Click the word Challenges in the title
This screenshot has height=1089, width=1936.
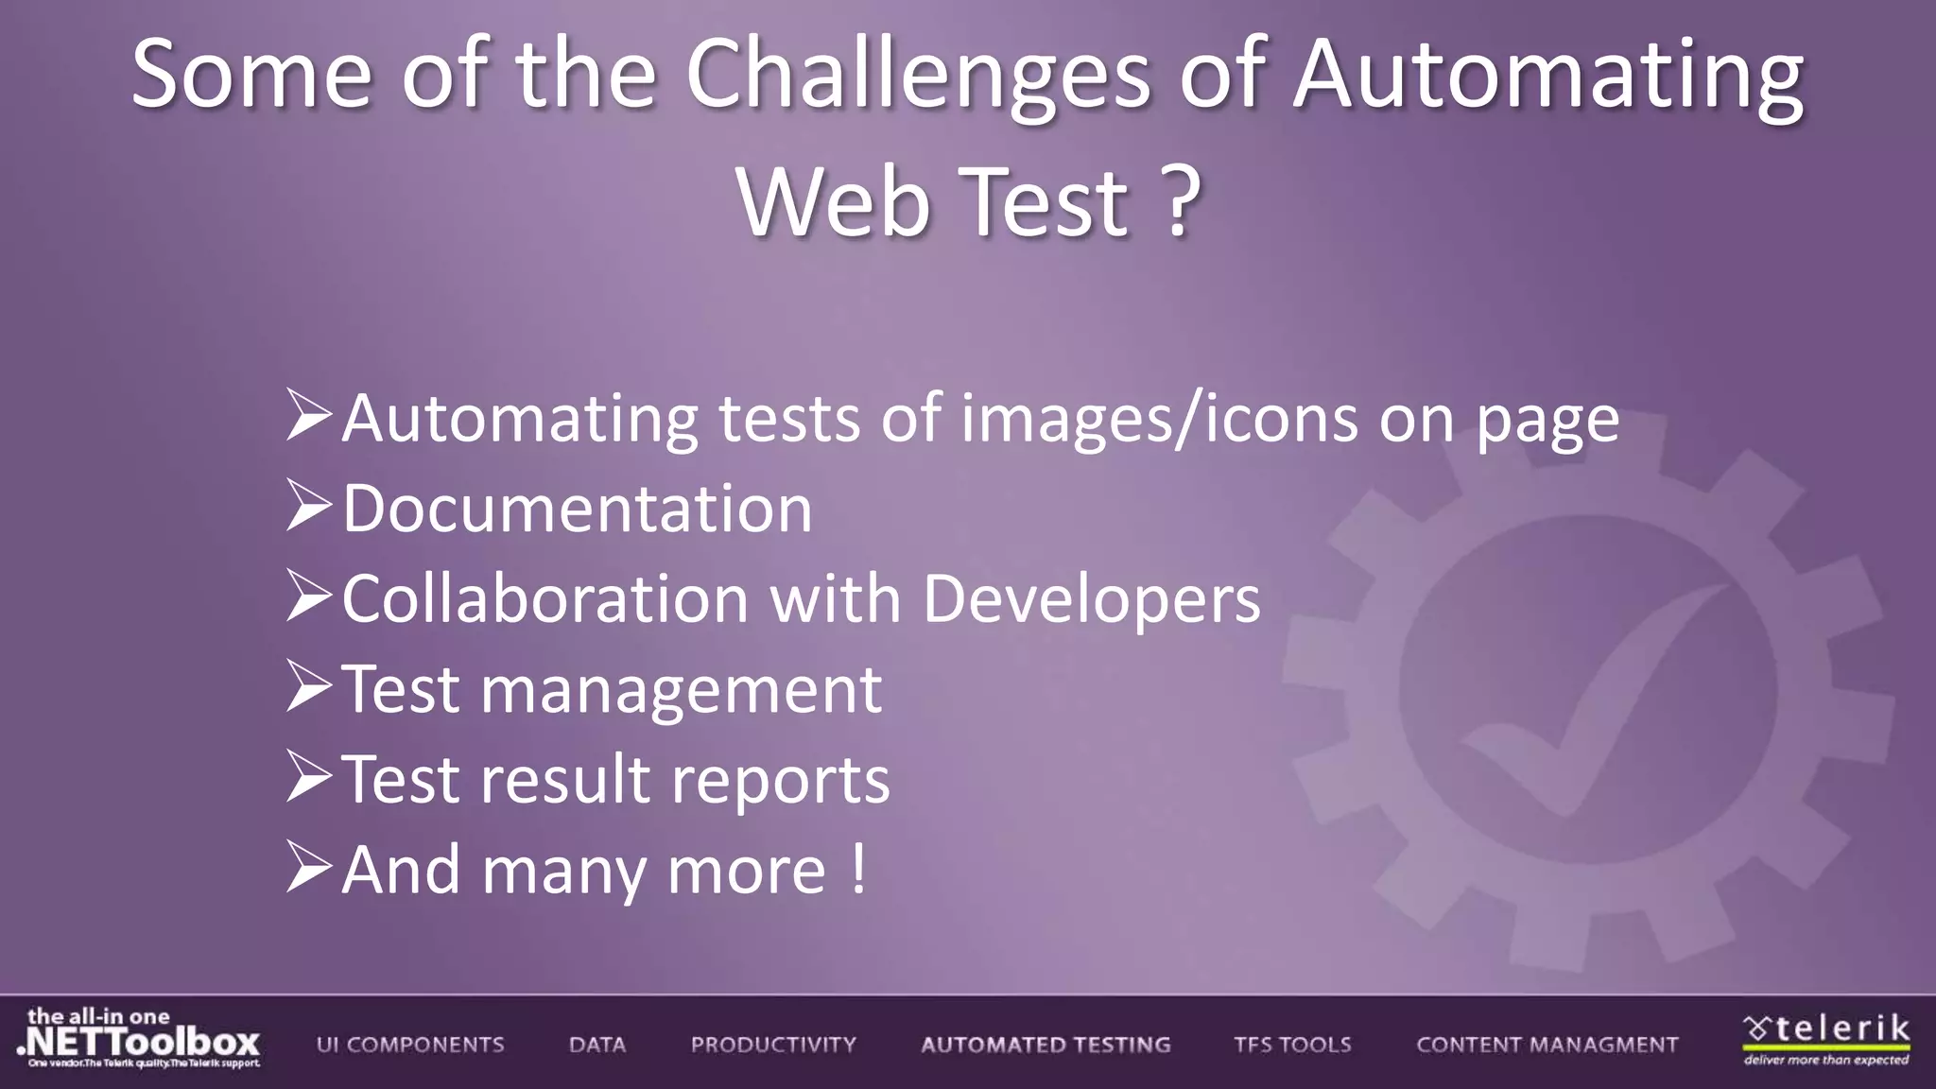917,76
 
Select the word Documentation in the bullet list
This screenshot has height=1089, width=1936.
577,510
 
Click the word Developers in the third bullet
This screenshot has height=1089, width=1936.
1091,599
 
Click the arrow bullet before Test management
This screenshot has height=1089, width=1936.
308,687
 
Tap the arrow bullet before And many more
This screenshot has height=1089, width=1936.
308,868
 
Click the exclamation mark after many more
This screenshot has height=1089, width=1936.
857,869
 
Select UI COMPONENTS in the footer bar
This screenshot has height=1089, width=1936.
410,1045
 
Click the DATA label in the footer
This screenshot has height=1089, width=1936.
597,1045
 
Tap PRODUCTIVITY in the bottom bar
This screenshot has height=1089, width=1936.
773,1045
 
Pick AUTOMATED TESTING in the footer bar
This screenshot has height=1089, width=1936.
1046,1045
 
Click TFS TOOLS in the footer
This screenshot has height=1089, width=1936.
1292,1045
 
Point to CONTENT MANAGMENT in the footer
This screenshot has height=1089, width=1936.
1547,1045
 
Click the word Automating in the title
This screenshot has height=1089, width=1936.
1548,76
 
